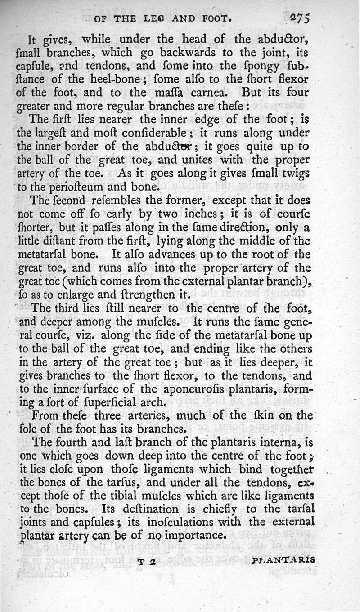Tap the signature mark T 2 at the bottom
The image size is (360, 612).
(x=146, y=561)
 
